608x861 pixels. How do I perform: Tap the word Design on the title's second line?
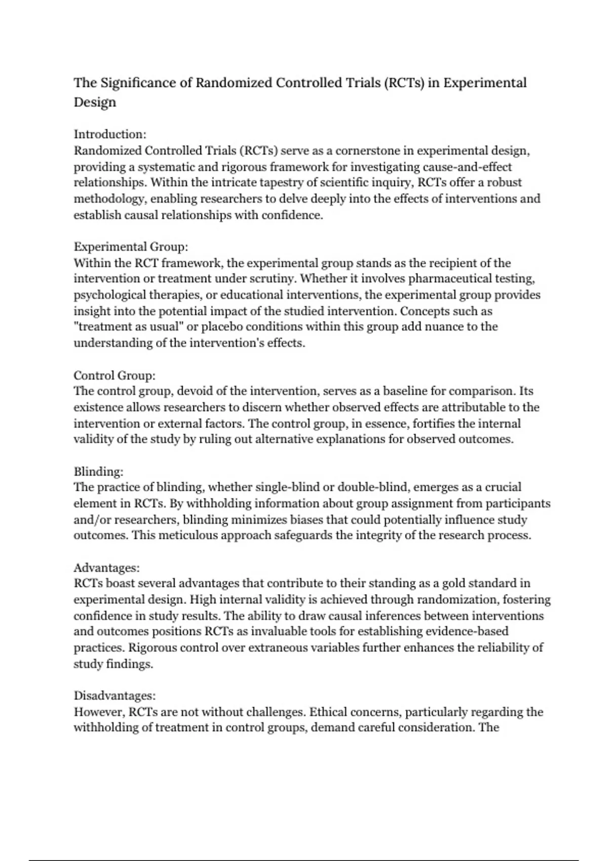tap(95, 102)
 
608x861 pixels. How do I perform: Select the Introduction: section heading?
tap(110, 134)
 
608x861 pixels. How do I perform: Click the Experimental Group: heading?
tap(131, 247)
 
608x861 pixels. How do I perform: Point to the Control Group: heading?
tap(115, 375)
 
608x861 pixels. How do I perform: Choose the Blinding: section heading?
tap(99, 472)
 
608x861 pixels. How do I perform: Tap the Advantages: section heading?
tap(106, 568)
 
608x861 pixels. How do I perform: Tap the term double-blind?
tap(373, 487)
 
